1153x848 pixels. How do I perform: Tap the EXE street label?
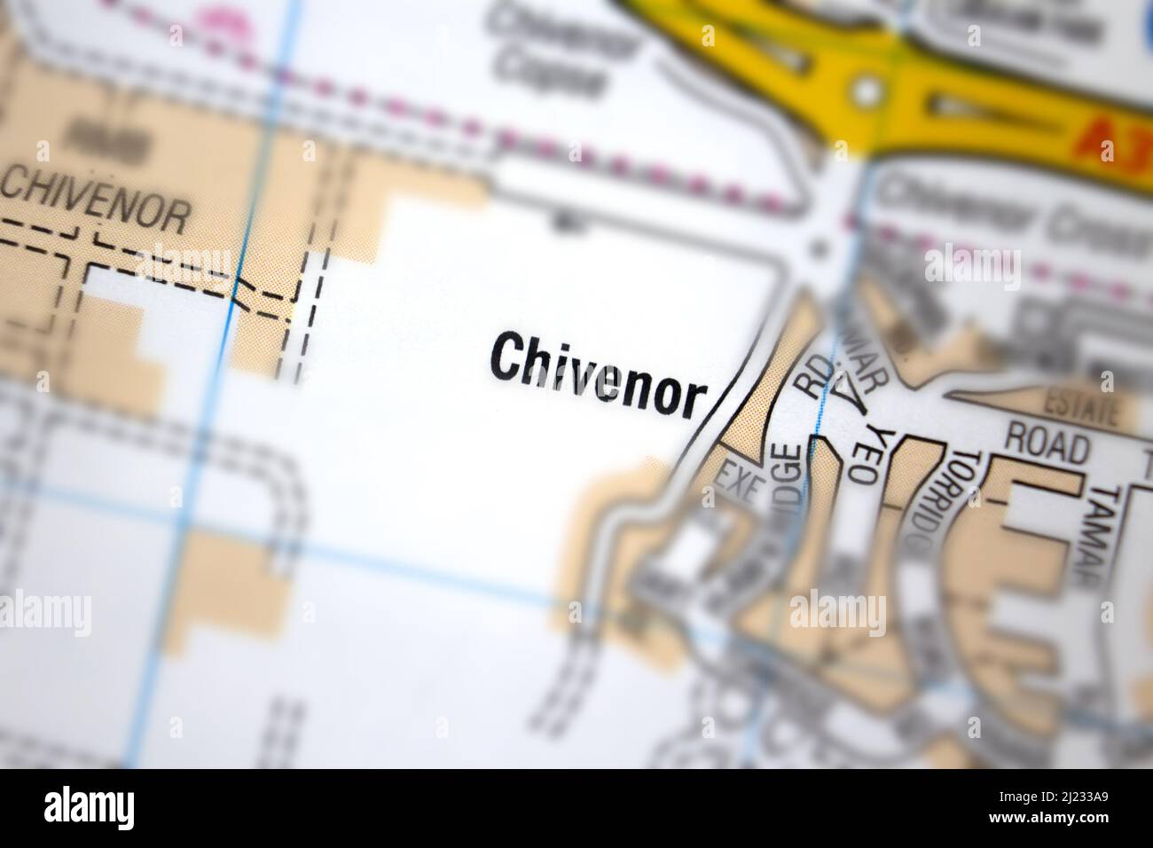point(739,484)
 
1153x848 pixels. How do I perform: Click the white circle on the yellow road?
point(867,89)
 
